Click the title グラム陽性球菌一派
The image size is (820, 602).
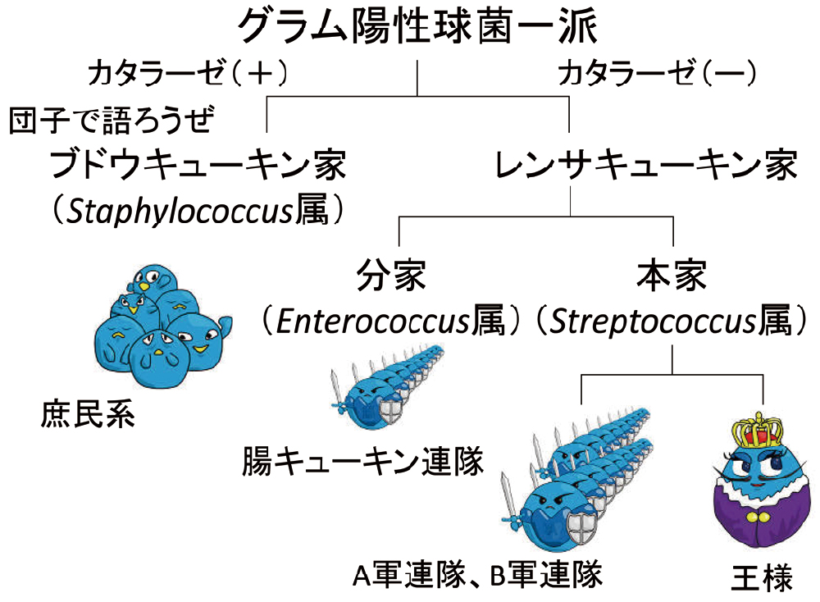pyautogui.click(x=417, y=26)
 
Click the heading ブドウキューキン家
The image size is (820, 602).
pyautogui.click(x=198, y=167)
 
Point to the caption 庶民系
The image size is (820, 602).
pyautogui.click(x=87, y=415)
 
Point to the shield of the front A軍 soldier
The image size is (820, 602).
pyautogui.click(x=587, y=519)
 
